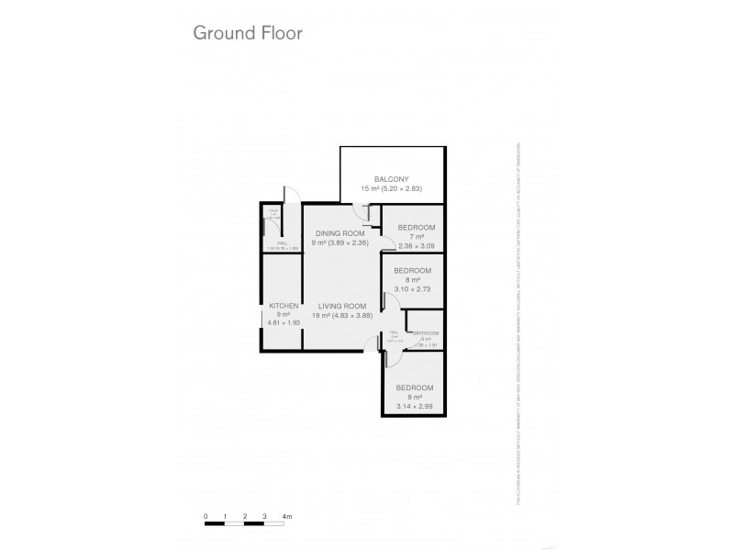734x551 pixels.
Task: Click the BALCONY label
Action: coord(391,178)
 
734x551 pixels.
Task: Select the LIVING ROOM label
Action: coord(343,306)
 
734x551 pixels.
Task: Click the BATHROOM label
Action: coord(426,333)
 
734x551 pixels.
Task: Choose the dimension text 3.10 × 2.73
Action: coord(413,288)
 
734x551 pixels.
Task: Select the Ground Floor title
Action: coord(247,33)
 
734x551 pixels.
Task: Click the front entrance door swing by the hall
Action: coord(290,194)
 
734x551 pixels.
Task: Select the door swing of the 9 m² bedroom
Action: coord(375,346)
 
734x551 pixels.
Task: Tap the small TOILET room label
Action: coord(272,214)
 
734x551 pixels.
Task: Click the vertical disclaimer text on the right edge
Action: coord(519,321)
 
